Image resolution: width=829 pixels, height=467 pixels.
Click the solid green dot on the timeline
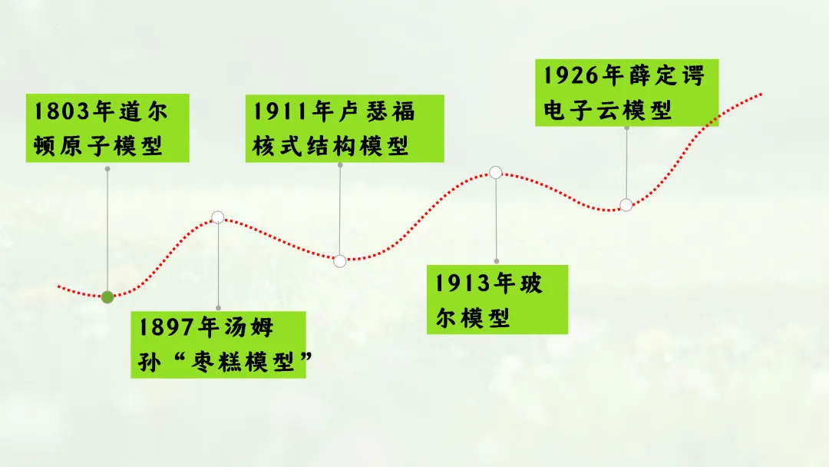pyautogui.click(x=107, y=296)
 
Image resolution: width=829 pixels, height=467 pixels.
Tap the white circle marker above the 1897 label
pyautogui.click(x=218, y=217)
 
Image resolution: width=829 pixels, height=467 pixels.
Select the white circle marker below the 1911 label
pyautogui.click(x=340, y=261)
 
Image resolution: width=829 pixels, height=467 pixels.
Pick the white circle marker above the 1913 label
pyautogui.click(x=496, y=173)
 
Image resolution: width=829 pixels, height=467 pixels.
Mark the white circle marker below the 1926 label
pyautogui.click(x=626, y=204)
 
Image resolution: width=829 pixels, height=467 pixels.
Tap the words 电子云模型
pyautogui.click(x=608, y=111)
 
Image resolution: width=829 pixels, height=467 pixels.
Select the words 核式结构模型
pyautogui.click(x=331, y=146)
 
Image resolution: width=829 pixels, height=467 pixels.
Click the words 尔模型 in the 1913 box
pyautogui.click(x=473, y=318)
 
